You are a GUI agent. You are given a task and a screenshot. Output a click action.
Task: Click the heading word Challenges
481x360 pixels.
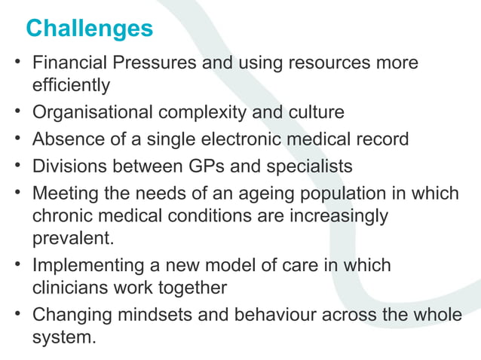click(x=89, y=29)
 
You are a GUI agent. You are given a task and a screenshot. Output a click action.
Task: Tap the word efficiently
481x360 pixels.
click(x=71, y=86)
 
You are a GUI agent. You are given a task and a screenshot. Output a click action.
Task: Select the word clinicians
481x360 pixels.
click(x=68, y=288)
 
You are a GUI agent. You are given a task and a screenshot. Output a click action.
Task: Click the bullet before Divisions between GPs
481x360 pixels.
click(x=17, y=166)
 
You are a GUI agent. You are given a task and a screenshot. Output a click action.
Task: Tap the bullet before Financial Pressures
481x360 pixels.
click(x=17, y=63)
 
